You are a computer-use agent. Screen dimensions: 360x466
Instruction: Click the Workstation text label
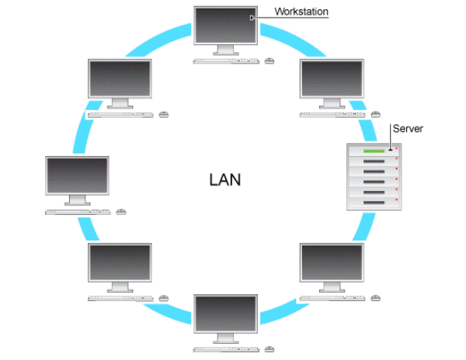point(302,12)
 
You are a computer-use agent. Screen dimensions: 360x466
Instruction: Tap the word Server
point(408,128)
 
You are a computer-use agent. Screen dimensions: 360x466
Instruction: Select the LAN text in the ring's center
point(225,180)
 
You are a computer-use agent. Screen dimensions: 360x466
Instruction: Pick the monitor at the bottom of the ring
point(226,313)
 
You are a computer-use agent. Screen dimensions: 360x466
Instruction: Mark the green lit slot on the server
point(375,151)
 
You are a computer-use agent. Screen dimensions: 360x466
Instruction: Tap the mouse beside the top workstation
point(270,59)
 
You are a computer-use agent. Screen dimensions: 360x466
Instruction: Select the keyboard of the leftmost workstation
point(78,212)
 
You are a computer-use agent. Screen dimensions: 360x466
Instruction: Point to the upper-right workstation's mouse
point(375,114)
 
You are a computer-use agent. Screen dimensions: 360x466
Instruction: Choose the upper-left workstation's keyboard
point(120,114)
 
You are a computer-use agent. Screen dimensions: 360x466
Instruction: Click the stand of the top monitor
point(226,50)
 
